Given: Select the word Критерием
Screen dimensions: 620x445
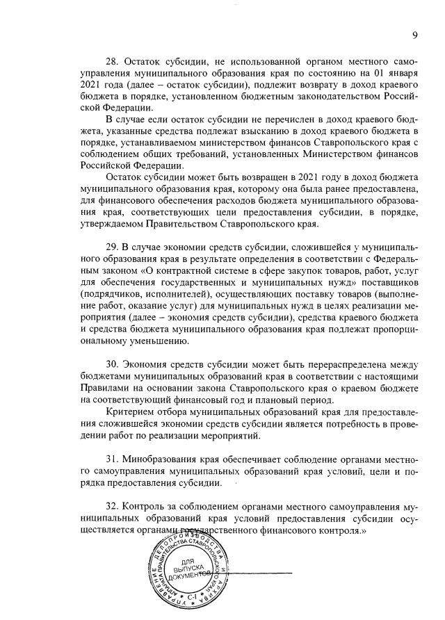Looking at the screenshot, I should tap(128, 412).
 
